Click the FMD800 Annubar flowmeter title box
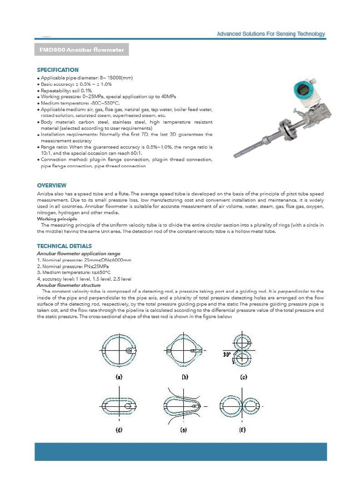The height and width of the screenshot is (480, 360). [82, 50]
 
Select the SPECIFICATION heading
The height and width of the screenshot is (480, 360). [58, 70]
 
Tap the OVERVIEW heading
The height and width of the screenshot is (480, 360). [52, 186]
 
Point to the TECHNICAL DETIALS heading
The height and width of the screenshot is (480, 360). [64, 246]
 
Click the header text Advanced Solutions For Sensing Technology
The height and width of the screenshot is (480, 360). [270, 34]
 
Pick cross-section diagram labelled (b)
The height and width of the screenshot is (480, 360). [184, 350]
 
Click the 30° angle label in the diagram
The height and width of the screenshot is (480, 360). [227, 355]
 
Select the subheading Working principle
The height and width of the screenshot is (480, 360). [57, 219]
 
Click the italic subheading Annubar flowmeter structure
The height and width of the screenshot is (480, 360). [68, 285]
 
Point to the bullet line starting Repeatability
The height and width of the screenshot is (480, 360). [66, 90]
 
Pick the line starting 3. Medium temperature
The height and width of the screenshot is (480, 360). [74, 272]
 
